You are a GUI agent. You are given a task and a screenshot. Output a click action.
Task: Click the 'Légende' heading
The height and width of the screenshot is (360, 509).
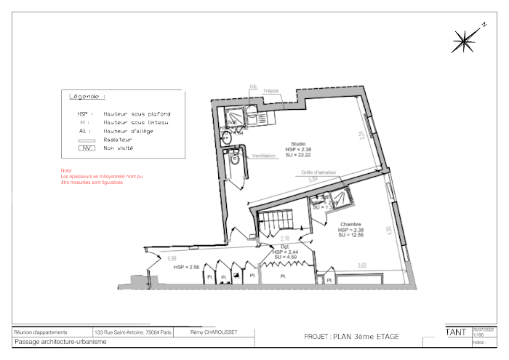[87, 97]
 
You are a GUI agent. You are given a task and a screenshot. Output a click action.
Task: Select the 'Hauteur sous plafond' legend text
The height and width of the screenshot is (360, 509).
[137, 114]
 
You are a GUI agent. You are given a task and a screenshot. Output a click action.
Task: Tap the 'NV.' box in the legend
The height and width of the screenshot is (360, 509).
[87, 148]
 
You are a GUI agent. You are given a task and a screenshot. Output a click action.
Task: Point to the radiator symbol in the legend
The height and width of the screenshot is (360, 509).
[87, 140]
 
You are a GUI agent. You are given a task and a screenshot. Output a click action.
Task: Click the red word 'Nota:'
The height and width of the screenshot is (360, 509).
[66, 171]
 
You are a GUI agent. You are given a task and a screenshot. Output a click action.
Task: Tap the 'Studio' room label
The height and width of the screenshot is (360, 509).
[298, 143]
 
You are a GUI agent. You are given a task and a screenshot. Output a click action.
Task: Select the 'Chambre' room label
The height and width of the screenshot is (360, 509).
[350, 224]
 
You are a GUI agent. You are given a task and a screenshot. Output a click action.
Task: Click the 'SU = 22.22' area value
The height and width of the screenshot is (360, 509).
[298, 155]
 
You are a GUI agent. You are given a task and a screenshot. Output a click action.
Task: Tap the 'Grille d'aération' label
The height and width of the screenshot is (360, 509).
[318, 172]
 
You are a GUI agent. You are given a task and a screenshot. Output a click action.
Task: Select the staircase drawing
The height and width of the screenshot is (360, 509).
[276, 221]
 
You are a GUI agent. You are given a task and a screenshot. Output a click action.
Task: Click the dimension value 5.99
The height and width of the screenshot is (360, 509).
[172, 259]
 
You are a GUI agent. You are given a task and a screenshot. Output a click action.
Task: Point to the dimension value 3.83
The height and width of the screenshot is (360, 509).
[361, 265]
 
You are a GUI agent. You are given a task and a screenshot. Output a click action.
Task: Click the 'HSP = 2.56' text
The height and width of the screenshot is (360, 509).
[186, 268]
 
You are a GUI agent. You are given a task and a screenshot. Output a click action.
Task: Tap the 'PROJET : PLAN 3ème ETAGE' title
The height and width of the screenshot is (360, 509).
[351, 337]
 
